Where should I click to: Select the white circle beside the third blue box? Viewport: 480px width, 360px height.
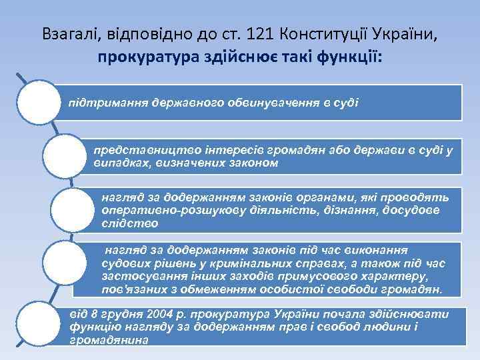click(73, 208)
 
